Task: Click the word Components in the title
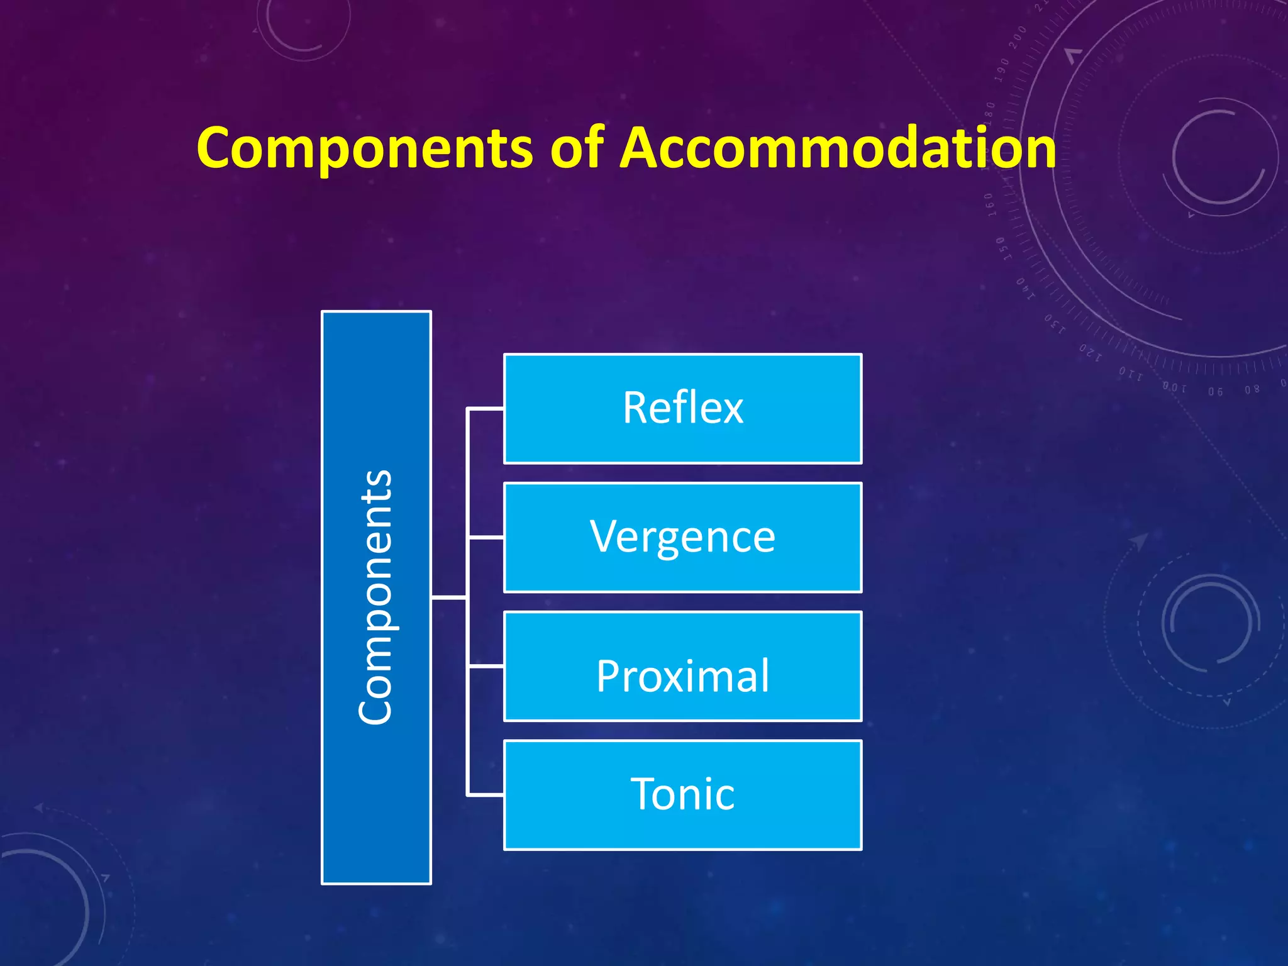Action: [x=365, y=148]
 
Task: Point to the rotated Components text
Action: [x=376, y=597]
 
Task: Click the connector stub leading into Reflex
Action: [x=486, y=409]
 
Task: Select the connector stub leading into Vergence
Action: [x=486, y=538]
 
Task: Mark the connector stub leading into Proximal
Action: [x=486, y=665]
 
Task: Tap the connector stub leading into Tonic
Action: [x=486, y=796]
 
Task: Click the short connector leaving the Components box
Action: [x=448, y=597]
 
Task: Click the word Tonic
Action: [x=682, y=794]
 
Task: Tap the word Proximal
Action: [x=682, y=676]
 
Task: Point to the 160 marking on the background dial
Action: [x=989, y=205]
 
